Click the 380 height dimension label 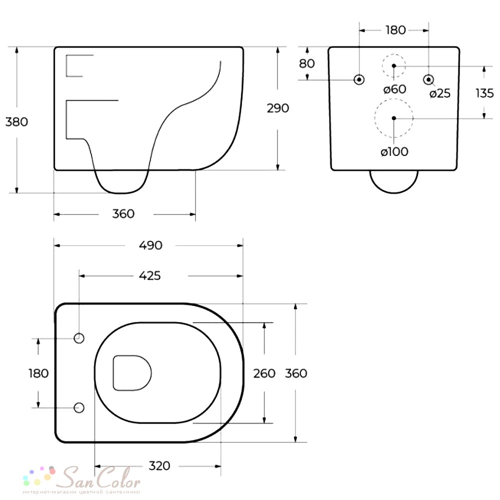[16, 121]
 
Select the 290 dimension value [277, 108]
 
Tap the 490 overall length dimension [150, 245]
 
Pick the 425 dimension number [149, 275]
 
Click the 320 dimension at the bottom [159, 466]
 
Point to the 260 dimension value [264, 373]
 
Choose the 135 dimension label [484, 93]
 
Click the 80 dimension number [307, 63]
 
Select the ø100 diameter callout [394, 151]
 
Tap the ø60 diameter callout [395, 89]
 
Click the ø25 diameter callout [439, 93]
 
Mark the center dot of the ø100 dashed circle [394, 118]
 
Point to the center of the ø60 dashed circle [394, 65]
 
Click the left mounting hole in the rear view [359, 79]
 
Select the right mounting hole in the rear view [428, 79]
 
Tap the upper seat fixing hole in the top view [79, 338]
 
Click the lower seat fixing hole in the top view [79, 407]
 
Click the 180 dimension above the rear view [395, 30]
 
